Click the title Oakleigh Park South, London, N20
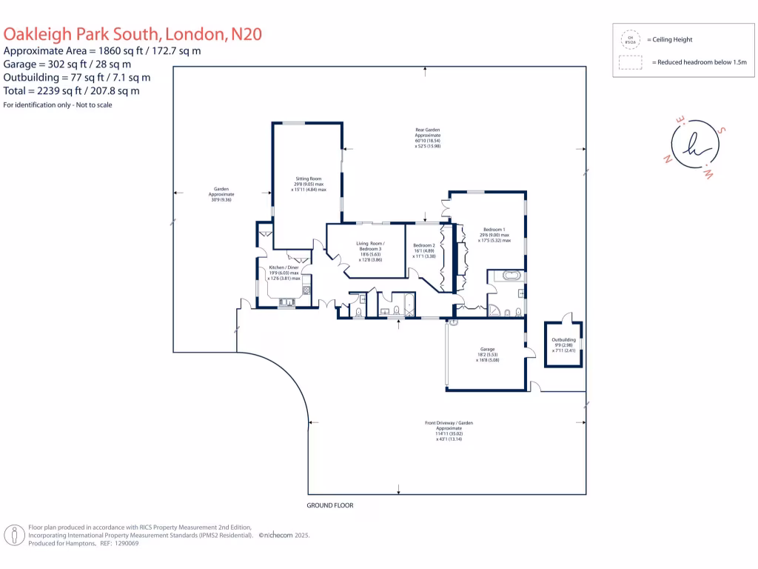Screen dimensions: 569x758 [133, 34]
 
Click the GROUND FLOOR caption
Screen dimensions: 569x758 [330, 505]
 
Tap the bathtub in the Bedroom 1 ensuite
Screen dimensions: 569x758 [512, 276]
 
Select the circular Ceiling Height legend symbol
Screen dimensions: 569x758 [631, 39]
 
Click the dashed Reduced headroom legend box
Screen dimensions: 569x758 [631, 64]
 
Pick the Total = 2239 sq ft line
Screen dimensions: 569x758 [72, 91]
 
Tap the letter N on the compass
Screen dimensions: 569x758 [668, 159]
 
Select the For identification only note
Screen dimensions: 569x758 [58, 105]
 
